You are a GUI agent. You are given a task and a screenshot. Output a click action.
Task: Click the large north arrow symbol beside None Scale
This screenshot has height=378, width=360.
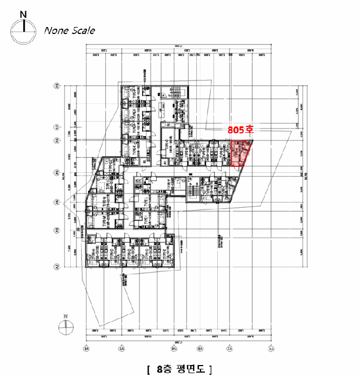pyautogui.click(x=22, y=29)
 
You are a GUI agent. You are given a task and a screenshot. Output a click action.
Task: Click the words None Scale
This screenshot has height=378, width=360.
pyautogui.click(x=69, y=30)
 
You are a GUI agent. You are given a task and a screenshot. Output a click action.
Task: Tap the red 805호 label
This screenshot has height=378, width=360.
pyautogui.click(x=240, y=130)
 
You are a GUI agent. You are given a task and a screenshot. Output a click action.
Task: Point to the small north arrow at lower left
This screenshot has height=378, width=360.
pyautogui.click(x=65, y=325)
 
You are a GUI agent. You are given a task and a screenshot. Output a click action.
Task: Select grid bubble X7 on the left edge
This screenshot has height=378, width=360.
pyautogui.click(x=56, y=127)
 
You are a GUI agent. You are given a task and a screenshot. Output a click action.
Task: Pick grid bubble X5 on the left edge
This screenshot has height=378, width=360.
pyautogui.click(x=56, y=173)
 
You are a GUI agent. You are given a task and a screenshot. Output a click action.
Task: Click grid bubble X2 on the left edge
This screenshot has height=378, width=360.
pyautogui.click(x=56, y=266)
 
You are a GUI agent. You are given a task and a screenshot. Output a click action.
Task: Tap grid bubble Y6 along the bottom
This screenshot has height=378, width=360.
pyautogui.click(x=86, y=349)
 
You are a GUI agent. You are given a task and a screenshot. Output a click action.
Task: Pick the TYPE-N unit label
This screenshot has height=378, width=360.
pyautogui.click(x=106, y=204)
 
